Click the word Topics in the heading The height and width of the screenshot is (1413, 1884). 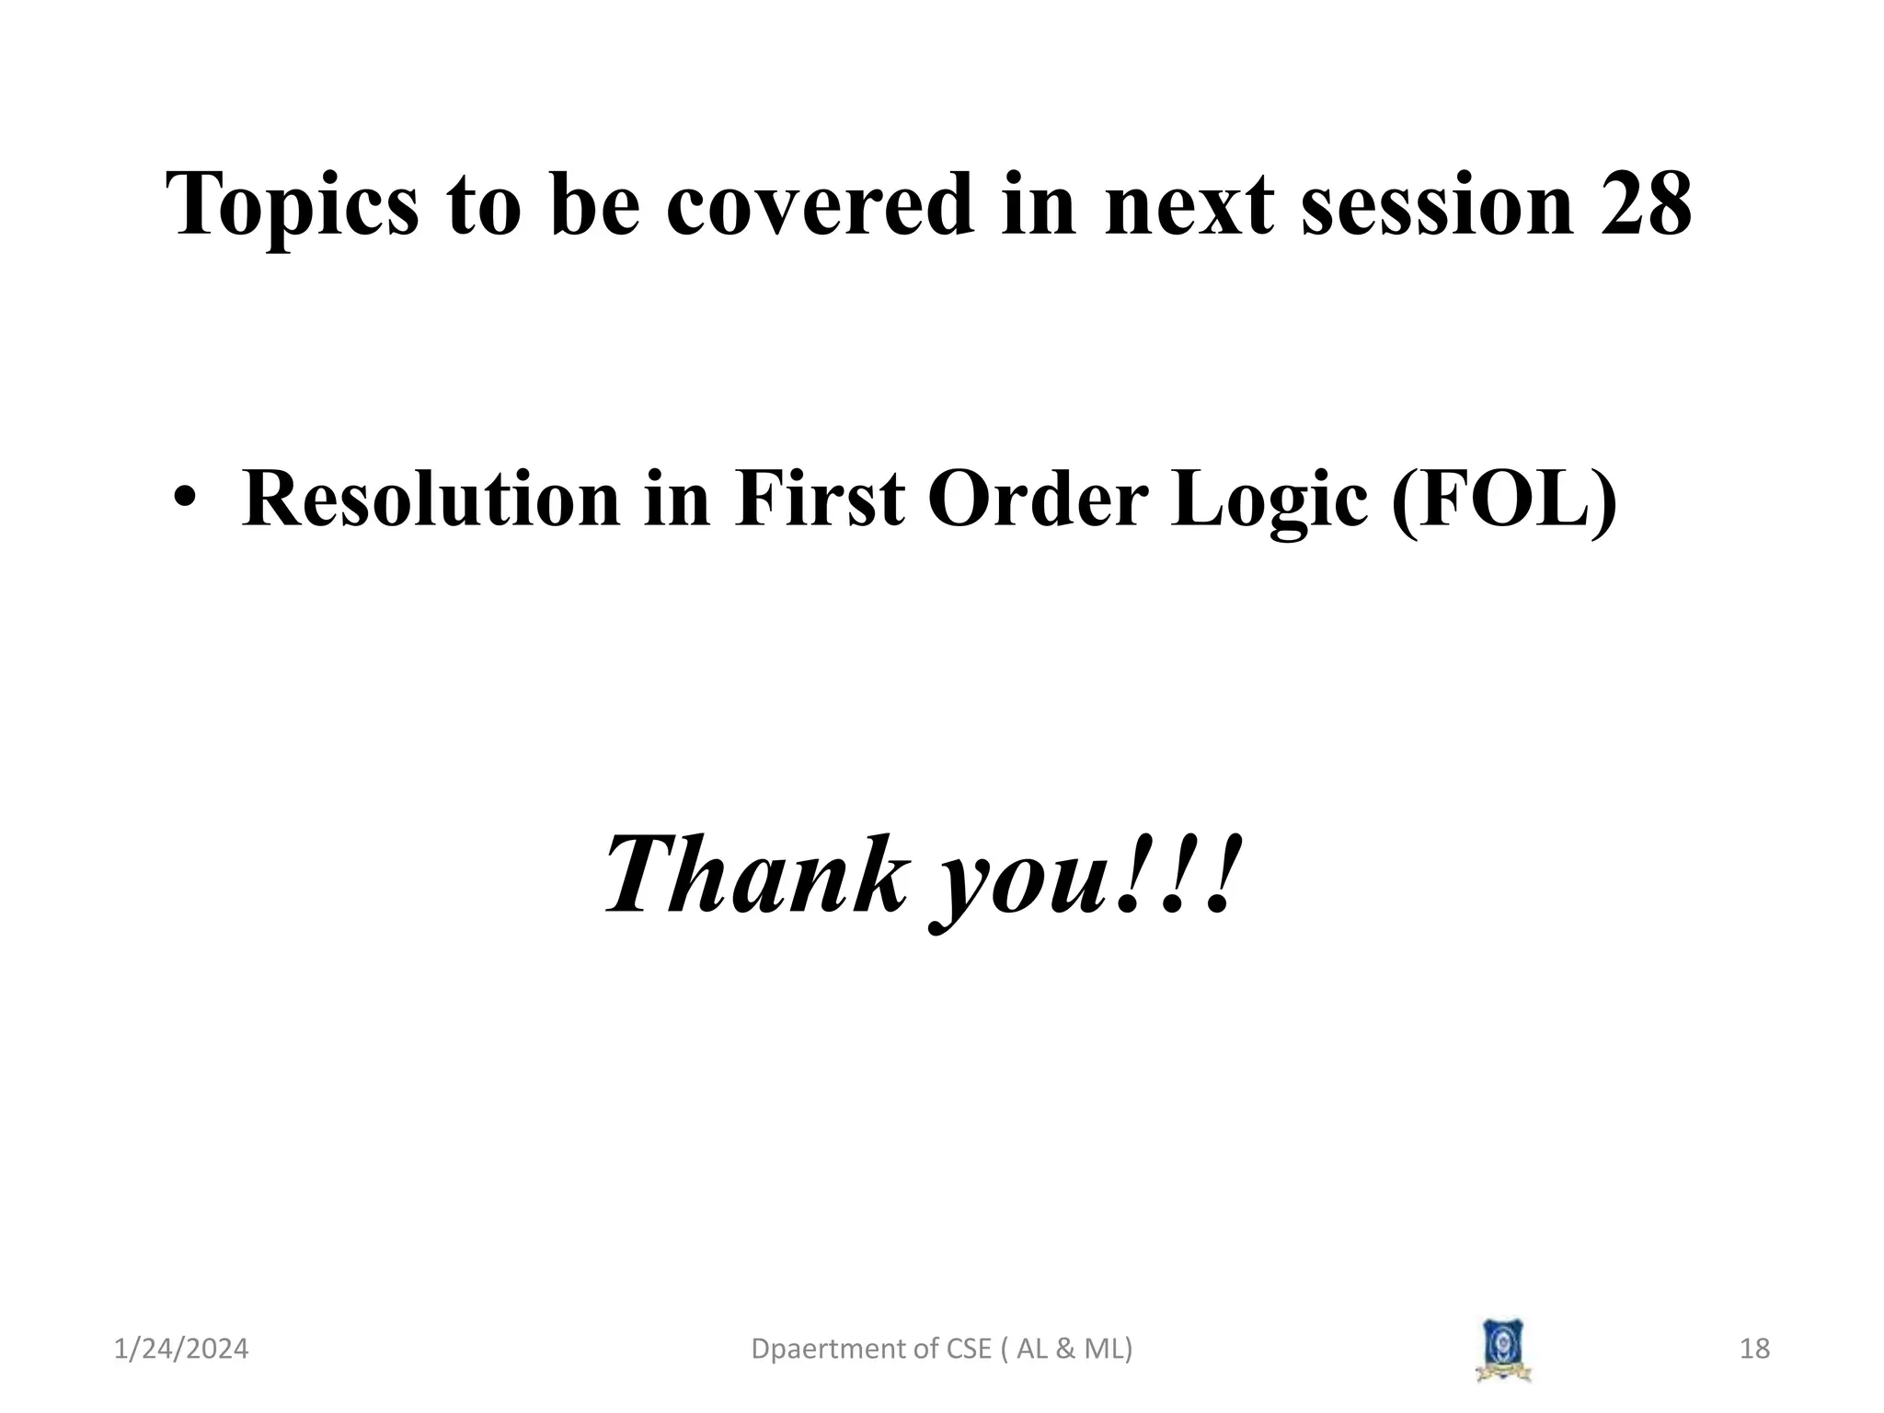click(292, 206)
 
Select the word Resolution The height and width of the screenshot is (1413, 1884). click(431, 500)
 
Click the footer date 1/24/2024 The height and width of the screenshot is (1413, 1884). click(181, 1350)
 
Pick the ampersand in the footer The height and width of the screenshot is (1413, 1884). click(1068, 1350)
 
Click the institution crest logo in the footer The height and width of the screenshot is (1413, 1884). click(1503, 1350)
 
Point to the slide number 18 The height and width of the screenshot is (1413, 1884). click(1754, 1350)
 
